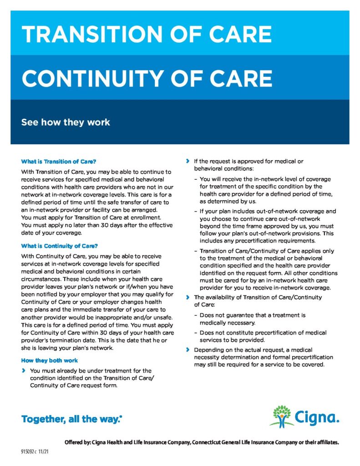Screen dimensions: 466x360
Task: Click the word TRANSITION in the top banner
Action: [x=86, y=35]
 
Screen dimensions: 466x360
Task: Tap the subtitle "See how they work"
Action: [x=66, y=122]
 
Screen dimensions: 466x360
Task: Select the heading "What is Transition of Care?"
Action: [x=59, y=162]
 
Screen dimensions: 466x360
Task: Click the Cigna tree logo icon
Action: [x=282, y=415]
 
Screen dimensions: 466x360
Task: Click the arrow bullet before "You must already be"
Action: [x=24, y=371]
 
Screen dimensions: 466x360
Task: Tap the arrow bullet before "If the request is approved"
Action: [x=188, y=162]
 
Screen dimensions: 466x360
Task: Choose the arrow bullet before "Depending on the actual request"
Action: [x=188, y=350]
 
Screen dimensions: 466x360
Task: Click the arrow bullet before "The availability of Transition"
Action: [x=188, y=297]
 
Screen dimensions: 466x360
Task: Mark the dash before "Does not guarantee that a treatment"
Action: [x=195, y=315]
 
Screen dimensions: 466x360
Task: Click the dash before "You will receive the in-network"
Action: [x=195, y=179]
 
